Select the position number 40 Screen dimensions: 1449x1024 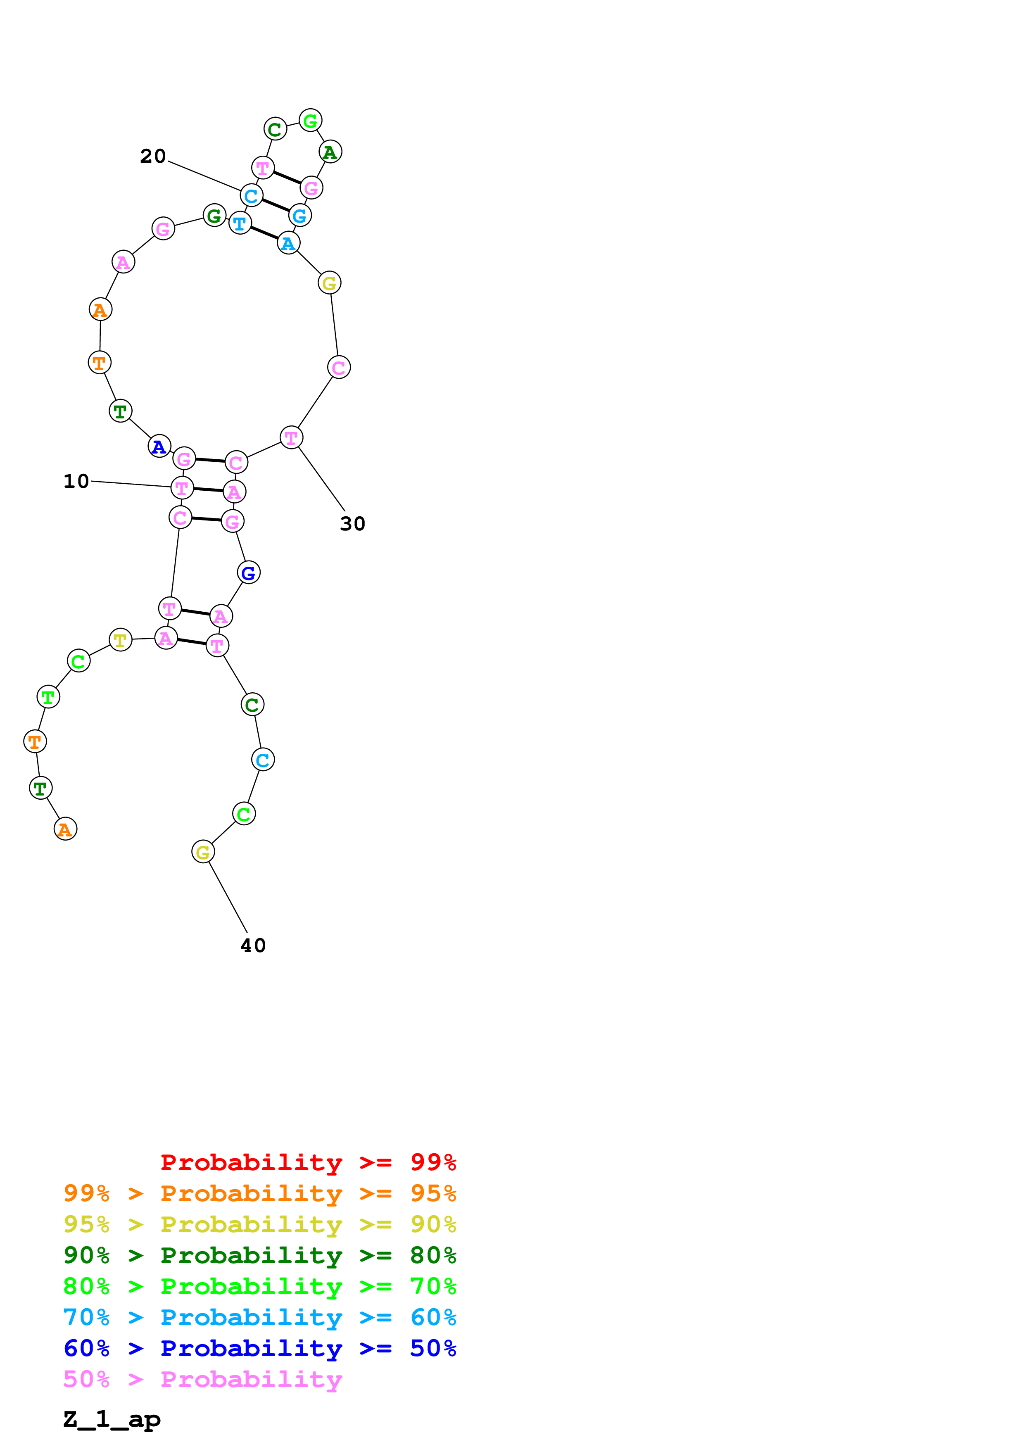[253, 945]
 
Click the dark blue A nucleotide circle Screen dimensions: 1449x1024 [159, 446]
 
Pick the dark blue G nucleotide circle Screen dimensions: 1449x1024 [249, 572]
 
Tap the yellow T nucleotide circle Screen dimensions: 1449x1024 [121, 640]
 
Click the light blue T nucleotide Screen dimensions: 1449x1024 [240, 223]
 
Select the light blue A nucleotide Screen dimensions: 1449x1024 [288, 243]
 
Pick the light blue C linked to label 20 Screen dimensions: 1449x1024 [252, 196]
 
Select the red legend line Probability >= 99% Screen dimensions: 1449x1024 [308, 1162]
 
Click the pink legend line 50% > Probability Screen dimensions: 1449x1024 [202, 1380]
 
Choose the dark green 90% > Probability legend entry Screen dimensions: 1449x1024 [259, 1255]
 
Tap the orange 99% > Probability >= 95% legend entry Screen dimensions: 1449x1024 [259, 1193]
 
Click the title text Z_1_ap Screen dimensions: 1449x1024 [112, 1419]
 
